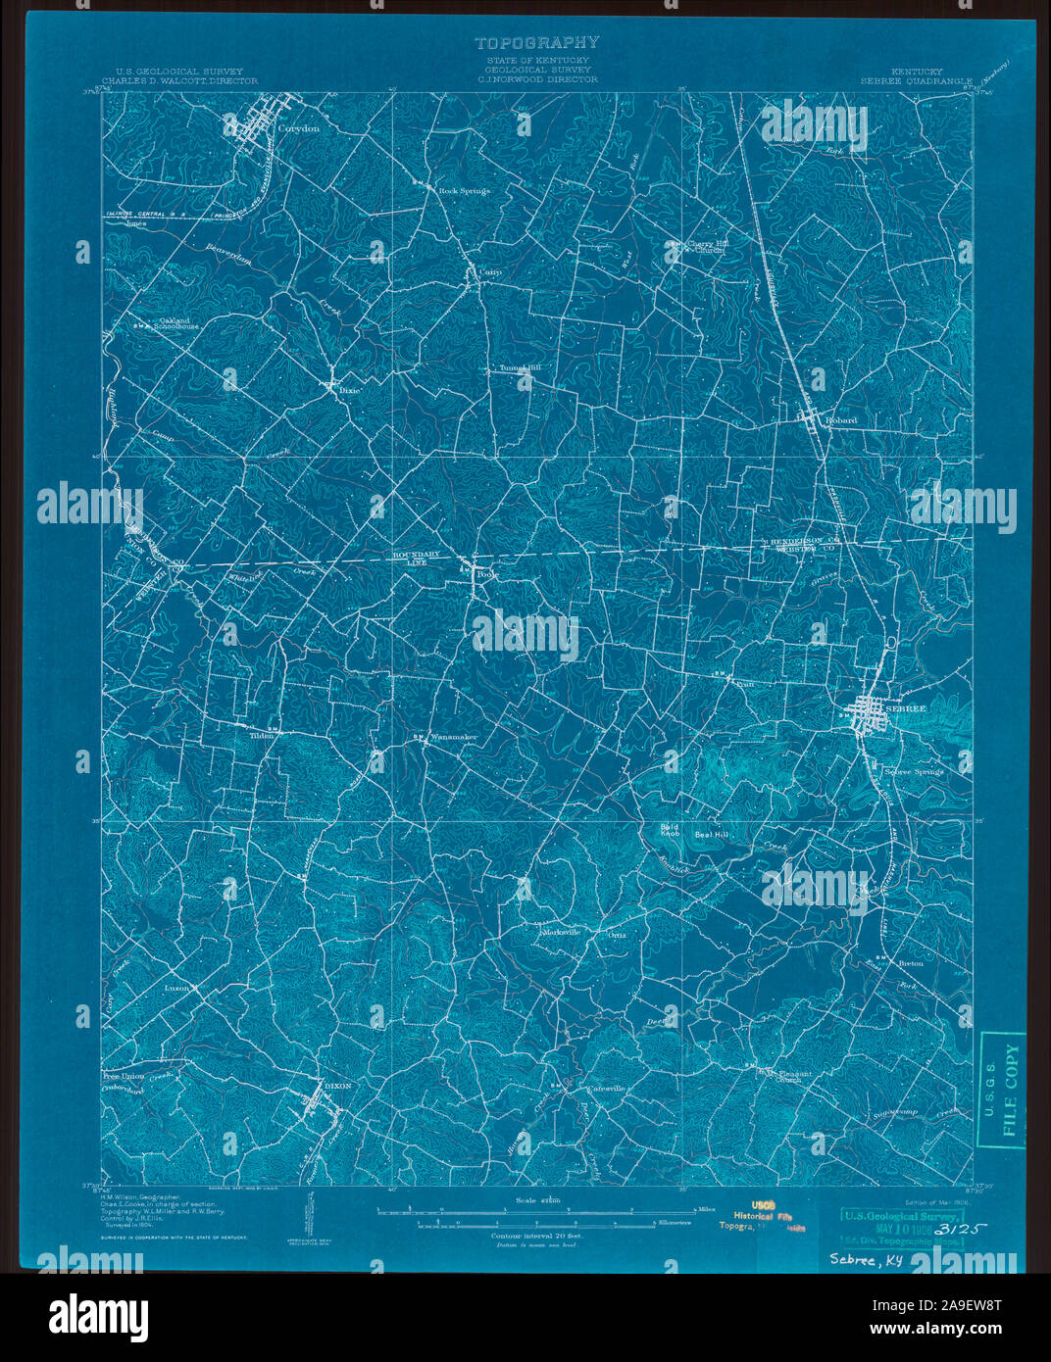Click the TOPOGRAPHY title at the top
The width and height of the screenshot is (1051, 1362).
[x=536, y=43]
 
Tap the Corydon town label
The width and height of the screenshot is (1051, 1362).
[x=298, y=128]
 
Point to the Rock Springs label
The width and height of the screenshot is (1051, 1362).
[x=464, y=191]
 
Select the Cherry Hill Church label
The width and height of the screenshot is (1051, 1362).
[x=705, y=247]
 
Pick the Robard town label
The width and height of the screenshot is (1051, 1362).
[x=840, y=420]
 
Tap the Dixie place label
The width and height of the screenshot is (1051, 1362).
[x=351, y=390]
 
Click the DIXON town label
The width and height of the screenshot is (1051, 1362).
[x=336, y=1085]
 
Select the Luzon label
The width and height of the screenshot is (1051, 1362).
[x=177, y=988]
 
